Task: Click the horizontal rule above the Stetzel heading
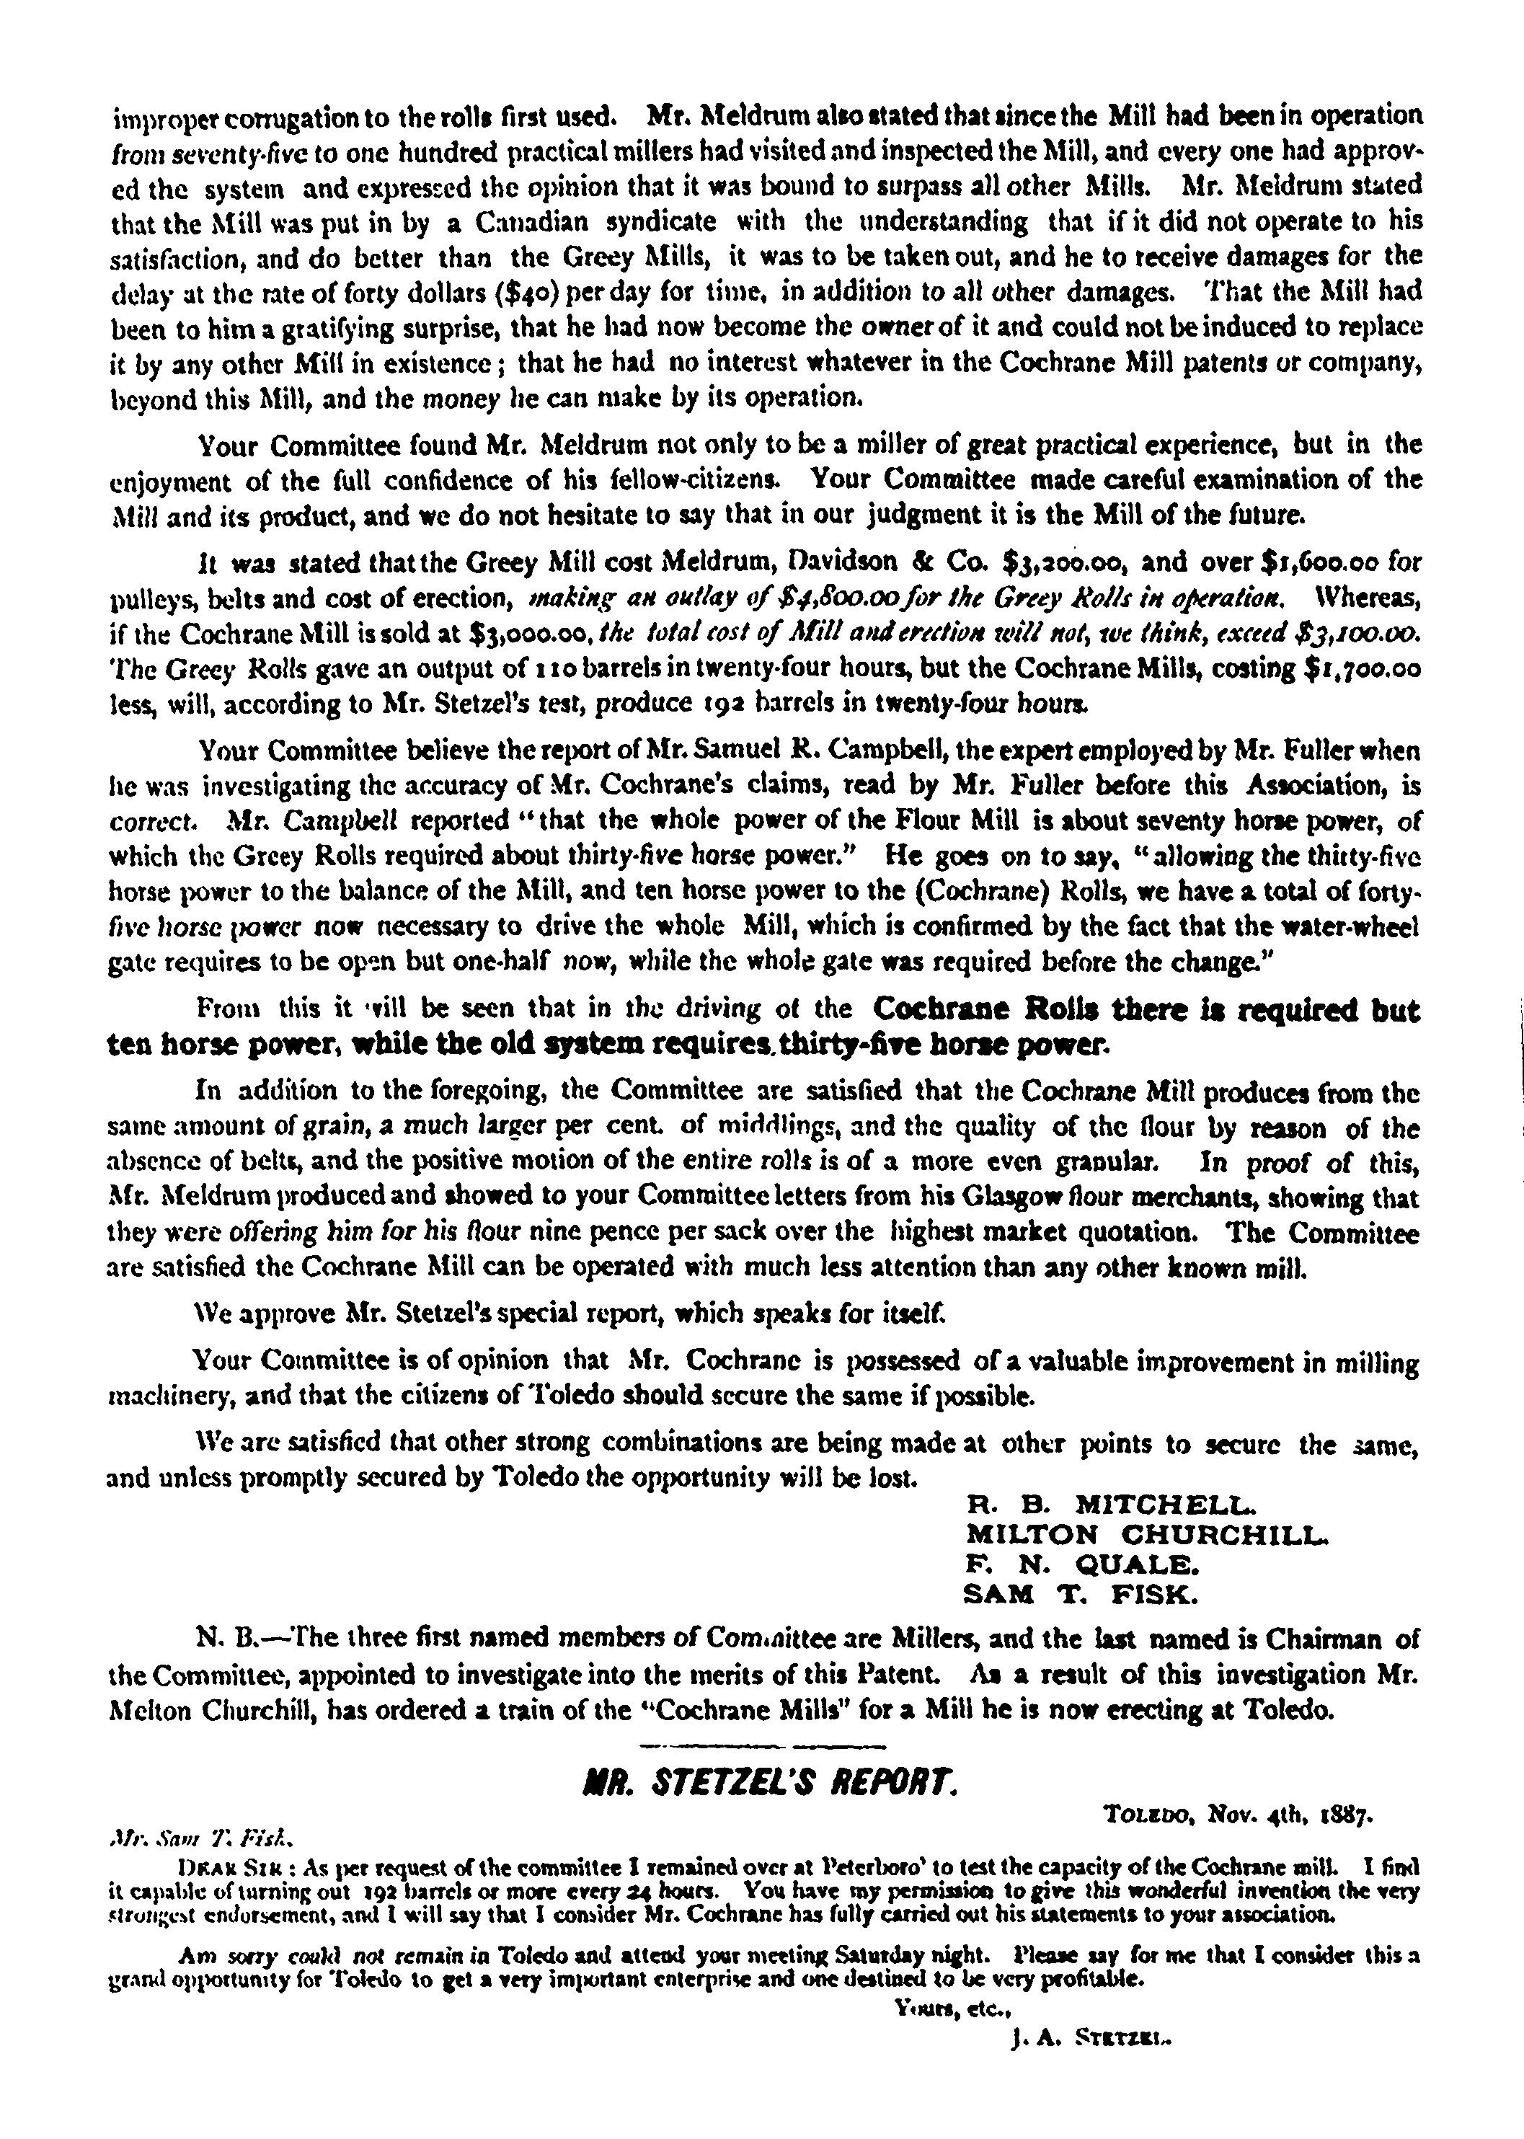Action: (x=761, y=1746)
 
